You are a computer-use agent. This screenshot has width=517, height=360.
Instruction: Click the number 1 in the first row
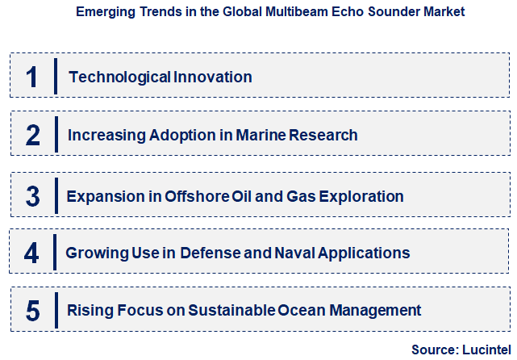32,77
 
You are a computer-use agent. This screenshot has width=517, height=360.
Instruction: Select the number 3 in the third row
32,196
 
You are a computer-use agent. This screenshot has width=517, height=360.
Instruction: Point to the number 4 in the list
31,253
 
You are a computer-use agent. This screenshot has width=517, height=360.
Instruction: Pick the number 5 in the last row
32,310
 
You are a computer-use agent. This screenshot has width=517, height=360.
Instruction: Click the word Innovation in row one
212,77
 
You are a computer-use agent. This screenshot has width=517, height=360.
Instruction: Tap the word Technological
119,77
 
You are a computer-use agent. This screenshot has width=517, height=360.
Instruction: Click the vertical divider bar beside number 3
54,196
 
